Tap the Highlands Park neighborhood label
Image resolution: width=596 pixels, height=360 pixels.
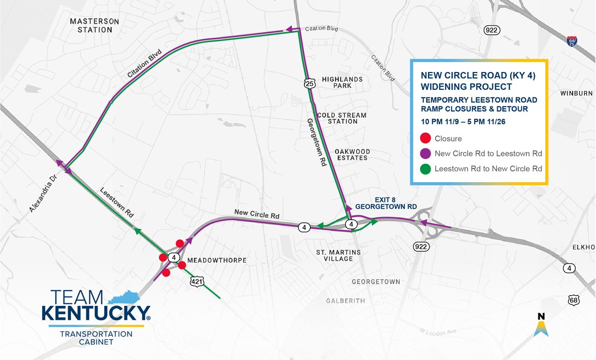coord(342,82)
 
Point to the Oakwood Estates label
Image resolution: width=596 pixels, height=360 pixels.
coord(351,154)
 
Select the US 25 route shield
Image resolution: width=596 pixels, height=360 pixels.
coord(309,83)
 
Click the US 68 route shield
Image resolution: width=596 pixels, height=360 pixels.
coord(575,300)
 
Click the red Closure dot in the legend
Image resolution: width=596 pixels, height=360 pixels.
coord(425,139)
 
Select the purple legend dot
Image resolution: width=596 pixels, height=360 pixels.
coord(425,153)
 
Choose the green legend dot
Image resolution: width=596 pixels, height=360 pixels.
coord(425,169)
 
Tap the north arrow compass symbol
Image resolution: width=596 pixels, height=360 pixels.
coord(541,324)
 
